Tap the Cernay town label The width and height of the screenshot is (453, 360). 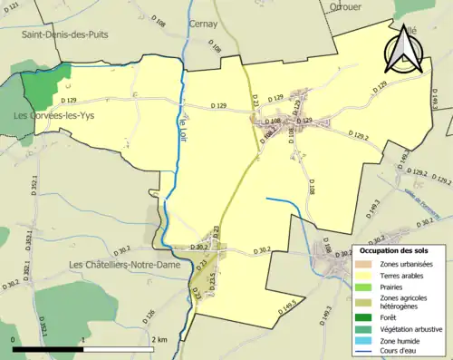(203, 24)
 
